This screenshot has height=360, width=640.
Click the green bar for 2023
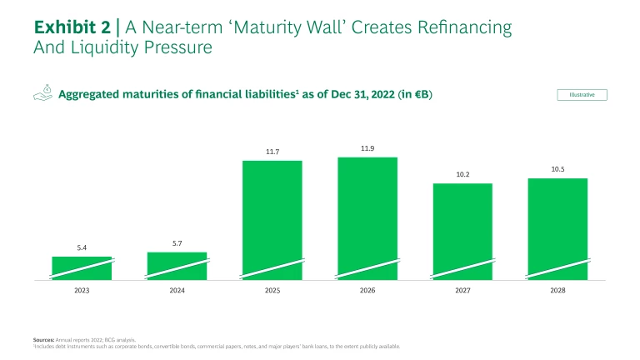click(x=82, y=267)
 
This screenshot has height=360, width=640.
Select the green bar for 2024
click(x=177, y=266)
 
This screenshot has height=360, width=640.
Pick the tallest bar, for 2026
click(x=367, y=217)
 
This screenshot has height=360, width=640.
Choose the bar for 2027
click(x=462, y=231)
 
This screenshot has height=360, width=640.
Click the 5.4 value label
click(x=82, y=248)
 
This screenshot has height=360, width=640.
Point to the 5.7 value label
click(x=177, y=243)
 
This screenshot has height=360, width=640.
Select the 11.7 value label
click(x=272, y=152)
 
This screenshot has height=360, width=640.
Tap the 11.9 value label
click(x=367, y=148)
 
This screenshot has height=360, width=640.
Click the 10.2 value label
click(x=462, y=174)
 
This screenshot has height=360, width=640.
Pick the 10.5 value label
click(x=557, y=169)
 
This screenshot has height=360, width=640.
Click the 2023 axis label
click(x=82, y=292)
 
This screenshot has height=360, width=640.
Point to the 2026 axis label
click(x=367, y=292)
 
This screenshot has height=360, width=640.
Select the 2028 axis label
click(x=557, y=292)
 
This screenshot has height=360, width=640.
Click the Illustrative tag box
click(x=582, y=95)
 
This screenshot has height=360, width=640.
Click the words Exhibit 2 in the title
click(x=72, y=27)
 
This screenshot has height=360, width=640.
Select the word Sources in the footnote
click(x=45, y=339)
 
